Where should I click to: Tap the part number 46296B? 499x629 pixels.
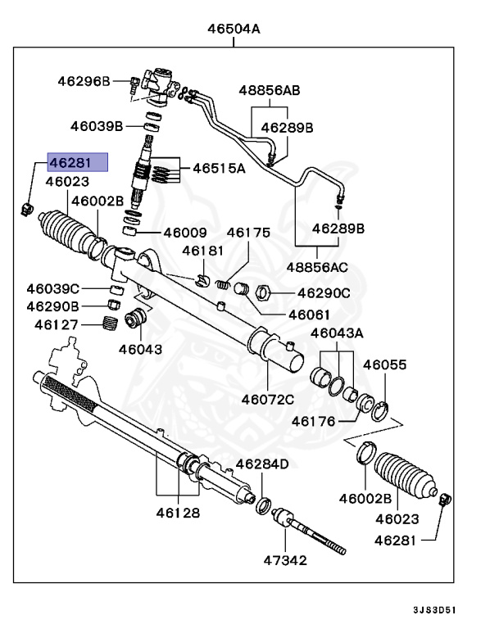84,80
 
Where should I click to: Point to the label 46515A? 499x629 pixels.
219,169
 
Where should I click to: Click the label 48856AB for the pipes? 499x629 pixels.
269,90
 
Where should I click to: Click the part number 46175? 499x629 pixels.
248,232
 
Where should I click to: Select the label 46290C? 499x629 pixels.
324,292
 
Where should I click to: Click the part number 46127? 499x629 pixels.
57,324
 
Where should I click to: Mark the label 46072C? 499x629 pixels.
268,400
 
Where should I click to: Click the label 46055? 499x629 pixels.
385,364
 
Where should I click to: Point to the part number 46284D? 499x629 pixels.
262,464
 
